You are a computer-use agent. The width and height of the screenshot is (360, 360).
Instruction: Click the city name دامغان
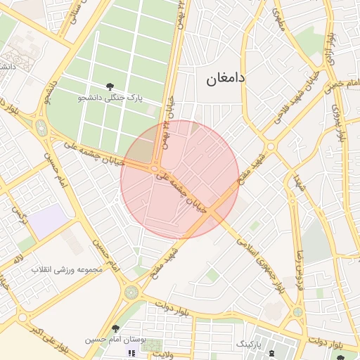[x=226, y=79]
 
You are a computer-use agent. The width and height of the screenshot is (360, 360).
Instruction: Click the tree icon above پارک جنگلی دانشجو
[x=110, y=86]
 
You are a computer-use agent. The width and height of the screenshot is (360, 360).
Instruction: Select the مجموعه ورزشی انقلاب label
[x=75, y=269]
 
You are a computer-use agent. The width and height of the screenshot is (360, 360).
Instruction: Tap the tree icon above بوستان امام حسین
[x=115, y=328]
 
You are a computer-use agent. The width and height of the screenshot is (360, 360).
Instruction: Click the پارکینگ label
[x=251, y=344]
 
